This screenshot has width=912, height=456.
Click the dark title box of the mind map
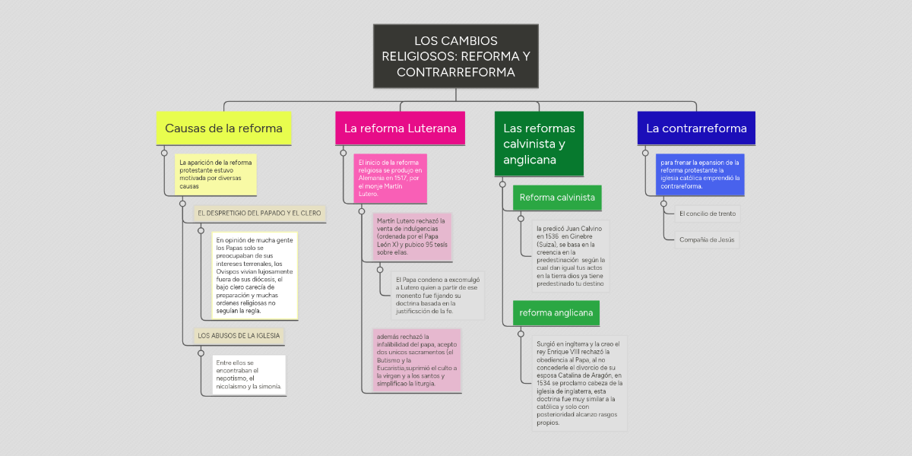[x=455, y=56]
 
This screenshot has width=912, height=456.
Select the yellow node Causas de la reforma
[x=223, y=128]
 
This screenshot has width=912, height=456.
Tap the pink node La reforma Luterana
[x=400, y=128]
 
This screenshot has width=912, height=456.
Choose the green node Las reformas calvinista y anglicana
[x=539, y=144]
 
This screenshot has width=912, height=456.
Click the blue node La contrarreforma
[x=696, y=128]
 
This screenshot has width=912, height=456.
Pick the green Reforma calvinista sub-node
[x=557, y=198]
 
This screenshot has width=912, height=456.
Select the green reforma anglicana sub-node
[x=556, y=313]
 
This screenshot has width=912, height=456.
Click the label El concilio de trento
[x=707, y=214]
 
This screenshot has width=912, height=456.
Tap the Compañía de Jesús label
[x=707, y=240]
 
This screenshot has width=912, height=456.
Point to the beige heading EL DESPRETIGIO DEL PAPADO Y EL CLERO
[x=259, y=214]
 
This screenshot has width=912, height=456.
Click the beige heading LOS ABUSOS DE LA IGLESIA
[x=239, y=335]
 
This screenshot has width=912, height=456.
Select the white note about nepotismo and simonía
[x=249, y=375]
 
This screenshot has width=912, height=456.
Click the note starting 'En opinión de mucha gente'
[x=255, y=275]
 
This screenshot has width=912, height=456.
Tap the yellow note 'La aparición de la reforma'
[x=215, y=174]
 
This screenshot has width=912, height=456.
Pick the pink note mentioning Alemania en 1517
[x=390, y=179]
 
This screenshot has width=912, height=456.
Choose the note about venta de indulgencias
[x=412, y=236]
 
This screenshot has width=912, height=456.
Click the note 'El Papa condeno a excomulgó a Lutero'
[x=437, y=295]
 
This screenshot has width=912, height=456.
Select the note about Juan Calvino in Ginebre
[x=570, y=255]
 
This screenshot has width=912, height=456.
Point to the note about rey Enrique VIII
[x=579, y=383]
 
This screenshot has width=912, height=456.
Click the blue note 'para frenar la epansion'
[x=700, y=174]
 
